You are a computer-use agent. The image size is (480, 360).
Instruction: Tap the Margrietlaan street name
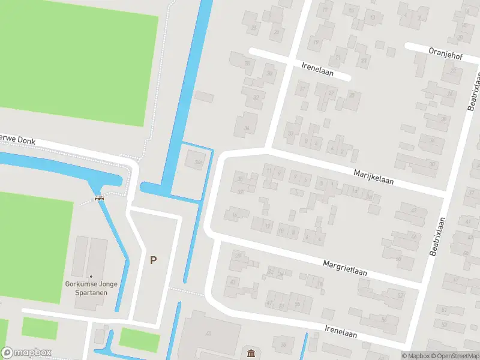(x=345, y=268)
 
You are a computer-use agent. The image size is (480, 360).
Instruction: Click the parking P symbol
(x=154, y=260)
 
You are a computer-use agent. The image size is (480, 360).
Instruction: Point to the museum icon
(x=250, y=352)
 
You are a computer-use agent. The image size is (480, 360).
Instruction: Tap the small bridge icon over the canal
(x=99, y=198)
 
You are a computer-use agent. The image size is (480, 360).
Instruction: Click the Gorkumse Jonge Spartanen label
(x=91, y=289)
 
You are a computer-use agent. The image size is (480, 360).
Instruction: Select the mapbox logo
(x=26, y=352)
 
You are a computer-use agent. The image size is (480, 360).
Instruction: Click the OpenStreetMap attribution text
(x=457, y=356)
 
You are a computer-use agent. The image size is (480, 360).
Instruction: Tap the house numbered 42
(x=413, y=210)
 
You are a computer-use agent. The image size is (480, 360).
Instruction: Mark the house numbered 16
(x=235, y=215)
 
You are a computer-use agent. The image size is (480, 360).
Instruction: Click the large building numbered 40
(x=209, y=334)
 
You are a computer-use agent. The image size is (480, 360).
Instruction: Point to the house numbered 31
(x=303, y=89)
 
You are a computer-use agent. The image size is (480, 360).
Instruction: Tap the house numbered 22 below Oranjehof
(x=451, y=71)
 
